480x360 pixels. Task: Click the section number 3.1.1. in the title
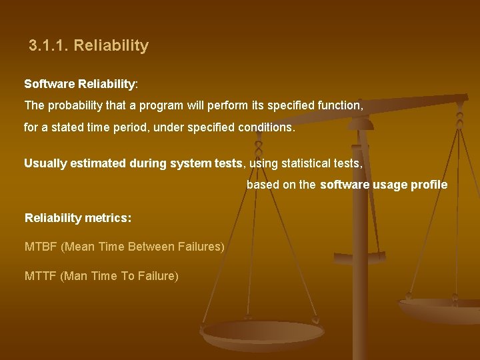coord(49,46)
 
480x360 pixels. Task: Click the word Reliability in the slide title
coord(111,46)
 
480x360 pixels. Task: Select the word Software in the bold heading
coord(49,85)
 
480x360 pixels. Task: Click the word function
coord(341,105)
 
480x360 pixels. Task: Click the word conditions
coord(266,127)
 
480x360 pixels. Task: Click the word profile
coord(427,185)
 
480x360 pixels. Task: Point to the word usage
coord(386,185)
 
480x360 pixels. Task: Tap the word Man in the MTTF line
coord(74,276)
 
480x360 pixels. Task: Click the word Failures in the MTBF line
coord(201,247)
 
